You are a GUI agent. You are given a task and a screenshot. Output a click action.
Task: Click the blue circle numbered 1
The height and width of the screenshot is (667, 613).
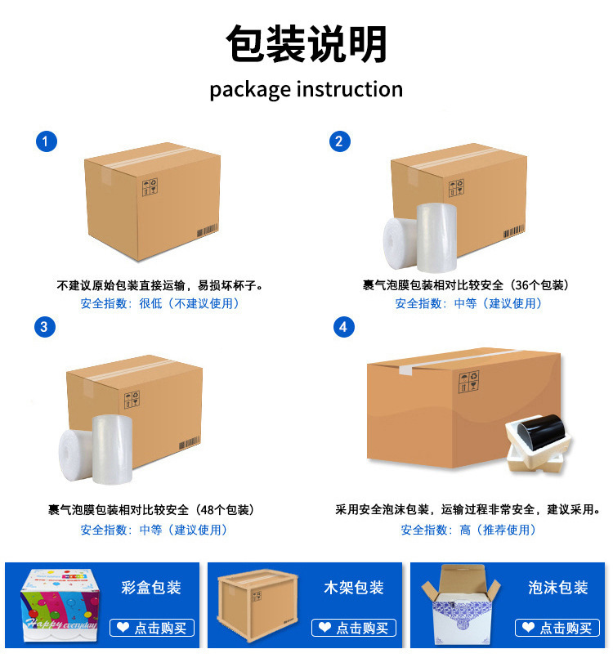tap(47, 141)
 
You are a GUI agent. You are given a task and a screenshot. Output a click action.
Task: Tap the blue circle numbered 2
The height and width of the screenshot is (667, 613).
tap(340, 141)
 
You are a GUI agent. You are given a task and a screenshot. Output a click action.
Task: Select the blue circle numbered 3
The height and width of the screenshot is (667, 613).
tap(45, 327)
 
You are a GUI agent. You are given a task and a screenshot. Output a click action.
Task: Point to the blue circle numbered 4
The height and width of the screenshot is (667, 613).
tap(344, 327)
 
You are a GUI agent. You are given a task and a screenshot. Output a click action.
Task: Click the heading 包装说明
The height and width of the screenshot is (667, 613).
tap(306, 44)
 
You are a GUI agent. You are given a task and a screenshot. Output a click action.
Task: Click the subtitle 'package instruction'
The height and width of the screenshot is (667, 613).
tap(306, 90)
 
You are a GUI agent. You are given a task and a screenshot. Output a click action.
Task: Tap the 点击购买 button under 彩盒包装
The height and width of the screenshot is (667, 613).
tap(152, 628)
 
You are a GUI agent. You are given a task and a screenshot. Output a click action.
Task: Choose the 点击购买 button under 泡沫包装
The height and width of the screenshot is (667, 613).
tap(557, 628)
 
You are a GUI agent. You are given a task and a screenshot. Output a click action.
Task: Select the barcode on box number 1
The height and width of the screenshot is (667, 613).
tap(208, 231)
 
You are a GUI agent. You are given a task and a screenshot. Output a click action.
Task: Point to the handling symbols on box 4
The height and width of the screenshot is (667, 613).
tap(469, 382)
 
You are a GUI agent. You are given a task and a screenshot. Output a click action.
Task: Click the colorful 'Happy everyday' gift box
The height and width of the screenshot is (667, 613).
tap(60, 605)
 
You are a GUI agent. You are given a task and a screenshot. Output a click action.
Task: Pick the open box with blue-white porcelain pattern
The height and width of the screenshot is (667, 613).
tap(461, 605)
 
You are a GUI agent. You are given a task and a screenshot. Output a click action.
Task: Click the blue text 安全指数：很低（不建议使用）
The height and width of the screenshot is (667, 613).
tap(160, 303)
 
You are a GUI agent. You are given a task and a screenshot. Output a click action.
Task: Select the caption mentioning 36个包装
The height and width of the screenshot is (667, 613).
tap(466, 285)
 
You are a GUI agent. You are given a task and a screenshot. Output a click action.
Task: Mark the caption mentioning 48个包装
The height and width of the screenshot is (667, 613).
tap(151, 509)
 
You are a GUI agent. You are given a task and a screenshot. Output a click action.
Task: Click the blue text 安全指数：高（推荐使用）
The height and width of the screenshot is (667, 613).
tap(468, 530)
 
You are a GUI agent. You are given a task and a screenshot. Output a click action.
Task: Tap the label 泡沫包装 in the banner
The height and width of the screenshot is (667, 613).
tap(558, 588)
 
